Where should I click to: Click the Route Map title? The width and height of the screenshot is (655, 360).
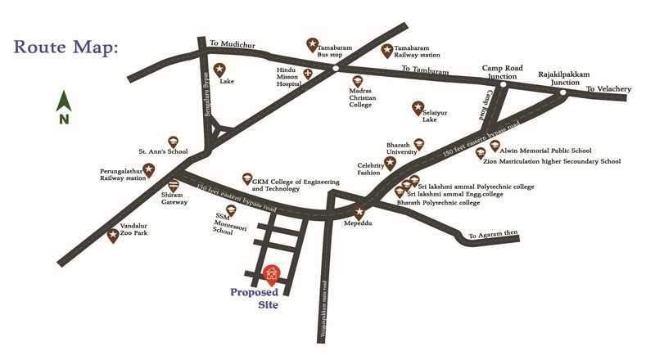coord(66,46)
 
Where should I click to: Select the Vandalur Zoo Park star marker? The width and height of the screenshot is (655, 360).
coord(113,236)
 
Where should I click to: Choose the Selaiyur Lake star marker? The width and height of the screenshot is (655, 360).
coord(417,107)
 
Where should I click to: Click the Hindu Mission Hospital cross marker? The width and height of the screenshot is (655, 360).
coord(308,74)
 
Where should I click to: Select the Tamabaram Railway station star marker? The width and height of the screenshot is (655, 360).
coord(388,50)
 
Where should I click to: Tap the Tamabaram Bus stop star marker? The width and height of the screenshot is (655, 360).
coord(311,43)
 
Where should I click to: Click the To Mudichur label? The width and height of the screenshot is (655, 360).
coord(228,43)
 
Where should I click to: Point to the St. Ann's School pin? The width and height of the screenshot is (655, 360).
coord(173,142)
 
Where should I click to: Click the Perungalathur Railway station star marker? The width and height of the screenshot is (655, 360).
coord(149,170)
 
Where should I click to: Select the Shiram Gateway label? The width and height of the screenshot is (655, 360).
coord(174,198)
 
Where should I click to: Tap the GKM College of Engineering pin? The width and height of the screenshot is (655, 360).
coord(246,178)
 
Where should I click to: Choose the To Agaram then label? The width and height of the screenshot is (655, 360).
coord(493,235)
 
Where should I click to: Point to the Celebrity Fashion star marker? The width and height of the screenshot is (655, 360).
coord(390,163)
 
